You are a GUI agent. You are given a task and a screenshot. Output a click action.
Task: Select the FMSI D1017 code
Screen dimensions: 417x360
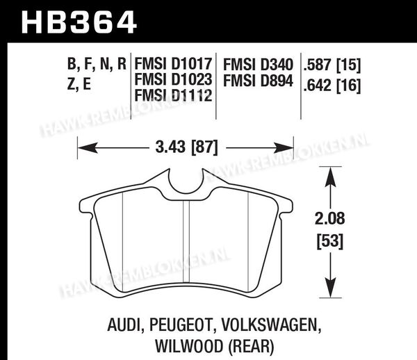pos(173,64)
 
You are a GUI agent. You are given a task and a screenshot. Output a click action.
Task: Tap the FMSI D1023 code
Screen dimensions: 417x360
pos(173,79)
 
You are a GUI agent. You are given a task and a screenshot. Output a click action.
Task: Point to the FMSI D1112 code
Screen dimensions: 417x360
pos(173,95)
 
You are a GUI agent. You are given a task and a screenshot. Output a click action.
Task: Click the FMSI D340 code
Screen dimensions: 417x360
pos(258,65)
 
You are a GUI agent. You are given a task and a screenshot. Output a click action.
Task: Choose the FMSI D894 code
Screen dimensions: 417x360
pos(258,81)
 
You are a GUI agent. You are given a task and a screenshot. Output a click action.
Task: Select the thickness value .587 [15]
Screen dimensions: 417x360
pos(332,65)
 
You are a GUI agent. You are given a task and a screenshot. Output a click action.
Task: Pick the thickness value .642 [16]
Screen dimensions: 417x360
pos(332,85)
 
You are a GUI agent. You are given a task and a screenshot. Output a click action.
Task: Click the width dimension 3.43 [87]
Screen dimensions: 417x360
pos(186,147)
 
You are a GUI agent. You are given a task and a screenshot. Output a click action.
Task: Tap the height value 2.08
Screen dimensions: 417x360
pos(329,218)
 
